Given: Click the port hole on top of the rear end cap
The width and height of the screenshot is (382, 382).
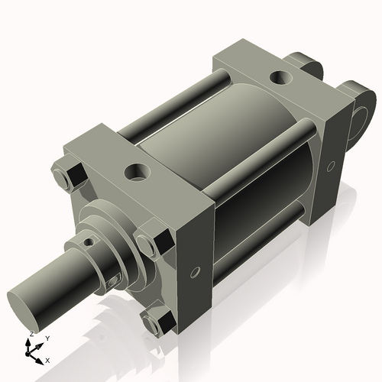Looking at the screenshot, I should tap(281, 78).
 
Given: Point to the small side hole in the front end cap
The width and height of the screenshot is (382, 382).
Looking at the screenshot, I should tap(196, 272).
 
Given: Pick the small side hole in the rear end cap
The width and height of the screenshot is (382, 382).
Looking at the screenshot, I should tap(330, 165).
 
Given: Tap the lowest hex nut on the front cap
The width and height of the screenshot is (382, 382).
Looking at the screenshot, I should tap(160, 322).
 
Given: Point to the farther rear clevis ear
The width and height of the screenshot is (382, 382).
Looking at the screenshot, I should tap(304, 64).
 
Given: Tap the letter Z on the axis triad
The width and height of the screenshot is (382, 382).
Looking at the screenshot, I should tap(31, 335).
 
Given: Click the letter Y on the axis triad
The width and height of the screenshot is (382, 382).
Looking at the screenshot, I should tap(47, 338).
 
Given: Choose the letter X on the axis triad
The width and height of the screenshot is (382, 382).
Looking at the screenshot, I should tap(47, 359).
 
